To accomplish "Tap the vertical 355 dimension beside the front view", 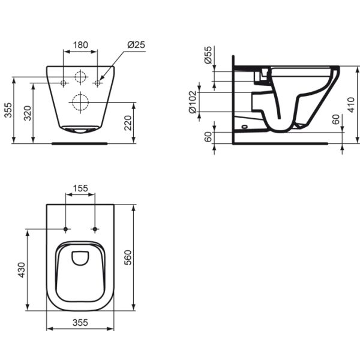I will tap(8, 109).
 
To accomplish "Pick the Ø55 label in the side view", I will tap(208, 56).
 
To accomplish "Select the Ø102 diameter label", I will tap(192, 102).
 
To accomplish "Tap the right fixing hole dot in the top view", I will tap(95, 229).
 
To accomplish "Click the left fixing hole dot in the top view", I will tap(65, 229).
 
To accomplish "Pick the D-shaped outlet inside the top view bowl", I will tap(80, 258).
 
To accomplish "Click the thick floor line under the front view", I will tap(80, 143).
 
